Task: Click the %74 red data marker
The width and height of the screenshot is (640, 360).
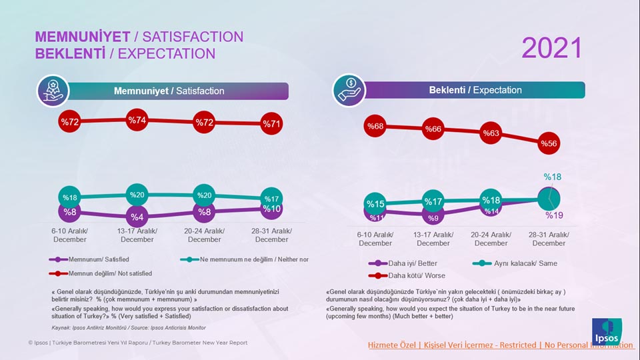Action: tap(137, 121)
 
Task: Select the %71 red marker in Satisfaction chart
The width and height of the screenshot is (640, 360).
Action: tap(271, 124)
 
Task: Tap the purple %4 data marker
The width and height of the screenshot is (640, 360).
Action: tap(137, 217)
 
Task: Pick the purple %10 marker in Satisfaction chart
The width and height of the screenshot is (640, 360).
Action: tap(271, 209)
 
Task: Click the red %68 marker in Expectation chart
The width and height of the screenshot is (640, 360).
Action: tap(375, 127)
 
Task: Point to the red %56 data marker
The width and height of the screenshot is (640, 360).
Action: tap(549, 143)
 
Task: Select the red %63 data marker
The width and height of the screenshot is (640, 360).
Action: tap(491, 133)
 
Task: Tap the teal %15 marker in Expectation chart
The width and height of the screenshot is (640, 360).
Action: tap(375, 204)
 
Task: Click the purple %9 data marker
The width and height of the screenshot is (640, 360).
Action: tap(433, 217)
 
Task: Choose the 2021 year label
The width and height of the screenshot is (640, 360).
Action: tap(551, 48)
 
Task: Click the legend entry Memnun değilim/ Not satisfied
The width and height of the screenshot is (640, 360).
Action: tap(101, 273)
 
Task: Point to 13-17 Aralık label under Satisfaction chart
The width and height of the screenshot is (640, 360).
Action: tap(137, 235)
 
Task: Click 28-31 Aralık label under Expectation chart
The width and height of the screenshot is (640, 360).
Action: tap(549, 239)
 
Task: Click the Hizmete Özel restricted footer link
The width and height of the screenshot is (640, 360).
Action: tap(500, 345)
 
